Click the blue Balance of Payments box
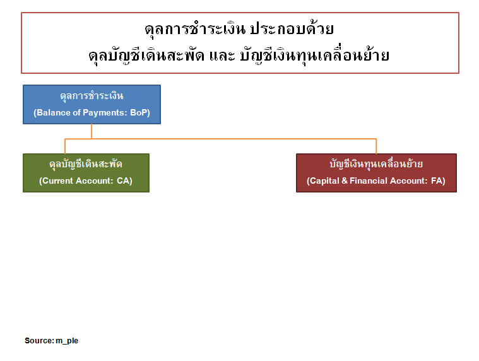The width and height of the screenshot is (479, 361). point(92,105)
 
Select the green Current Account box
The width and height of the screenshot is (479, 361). point(86,173)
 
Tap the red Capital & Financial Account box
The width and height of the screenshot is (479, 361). point(376,173)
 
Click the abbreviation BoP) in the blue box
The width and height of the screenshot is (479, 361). point(140,113)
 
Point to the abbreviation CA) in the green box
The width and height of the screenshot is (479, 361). point(124,180)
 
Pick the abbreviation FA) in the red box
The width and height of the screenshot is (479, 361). point(438,180)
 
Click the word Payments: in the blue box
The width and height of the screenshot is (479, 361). point(105,113)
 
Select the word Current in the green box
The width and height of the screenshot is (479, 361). point(58,180)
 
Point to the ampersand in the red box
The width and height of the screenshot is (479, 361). point(345,180)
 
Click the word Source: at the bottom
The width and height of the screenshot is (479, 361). point(39,341)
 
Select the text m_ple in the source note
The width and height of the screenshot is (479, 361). point(67,341)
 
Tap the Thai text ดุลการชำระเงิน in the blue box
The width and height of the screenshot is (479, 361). point(92,96)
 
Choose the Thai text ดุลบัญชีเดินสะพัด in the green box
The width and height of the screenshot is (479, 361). point(86,164)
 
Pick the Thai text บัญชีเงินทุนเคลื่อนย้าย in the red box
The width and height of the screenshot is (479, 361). point(376,163)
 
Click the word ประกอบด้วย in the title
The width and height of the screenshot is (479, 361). point(292,29)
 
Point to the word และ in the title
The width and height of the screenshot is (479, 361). point(222,56)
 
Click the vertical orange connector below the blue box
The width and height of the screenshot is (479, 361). point(92,131)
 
